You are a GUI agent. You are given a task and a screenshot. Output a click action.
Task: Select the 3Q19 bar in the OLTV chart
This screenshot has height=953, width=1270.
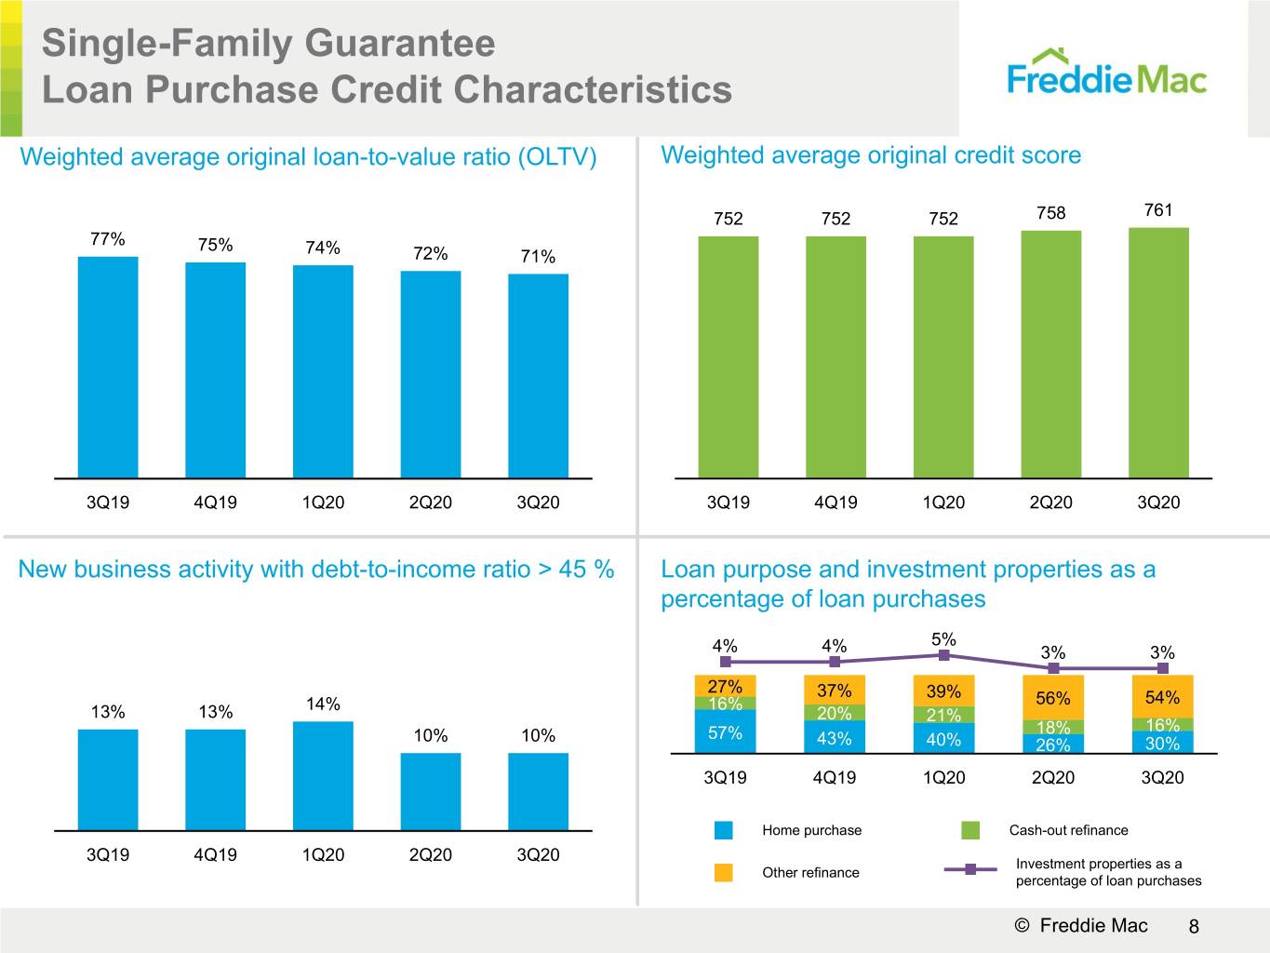108,368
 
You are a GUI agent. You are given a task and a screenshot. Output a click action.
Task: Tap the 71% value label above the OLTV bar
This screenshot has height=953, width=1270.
538,256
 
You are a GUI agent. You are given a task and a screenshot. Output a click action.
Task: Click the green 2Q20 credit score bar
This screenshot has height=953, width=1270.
1051,355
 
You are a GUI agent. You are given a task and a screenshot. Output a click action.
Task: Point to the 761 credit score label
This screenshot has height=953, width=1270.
1158,209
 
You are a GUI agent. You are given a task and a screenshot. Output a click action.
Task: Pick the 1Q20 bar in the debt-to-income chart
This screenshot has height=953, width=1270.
323,776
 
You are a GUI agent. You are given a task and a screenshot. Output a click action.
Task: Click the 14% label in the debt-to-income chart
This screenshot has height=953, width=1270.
323,704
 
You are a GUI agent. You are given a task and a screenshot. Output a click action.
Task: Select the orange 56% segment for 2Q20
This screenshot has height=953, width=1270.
1053,697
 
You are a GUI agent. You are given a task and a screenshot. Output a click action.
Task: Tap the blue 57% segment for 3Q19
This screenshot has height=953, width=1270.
725,732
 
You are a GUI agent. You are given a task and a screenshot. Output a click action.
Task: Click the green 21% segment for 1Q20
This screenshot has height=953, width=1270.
943,715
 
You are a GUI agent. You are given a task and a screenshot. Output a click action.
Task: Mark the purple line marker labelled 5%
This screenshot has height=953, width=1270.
943,655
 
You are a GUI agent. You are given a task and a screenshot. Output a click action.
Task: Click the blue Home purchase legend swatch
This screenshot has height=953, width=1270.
724,830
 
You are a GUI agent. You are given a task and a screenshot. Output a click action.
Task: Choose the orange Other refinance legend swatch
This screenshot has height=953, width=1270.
724,872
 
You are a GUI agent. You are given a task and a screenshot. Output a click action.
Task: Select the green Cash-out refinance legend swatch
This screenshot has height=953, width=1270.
970,830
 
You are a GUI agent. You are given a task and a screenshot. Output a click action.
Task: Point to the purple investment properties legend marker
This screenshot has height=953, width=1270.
970,869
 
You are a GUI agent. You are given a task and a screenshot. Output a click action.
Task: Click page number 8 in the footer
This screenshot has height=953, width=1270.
1194,926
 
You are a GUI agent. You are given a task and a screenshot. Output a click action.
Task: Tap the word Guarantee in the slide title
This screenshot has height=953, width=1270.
400,44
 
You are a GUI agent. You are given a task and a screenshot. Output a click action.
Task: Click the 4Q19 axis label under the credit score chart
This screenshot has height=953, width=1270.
836,503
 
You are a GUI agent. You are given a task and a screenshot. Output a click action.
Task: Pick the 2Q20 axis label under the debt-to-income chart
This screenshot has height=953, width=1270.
431,854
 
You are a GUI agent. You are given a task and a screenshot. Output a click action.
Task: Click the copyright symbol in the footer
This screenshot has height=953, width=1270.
1022,925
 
